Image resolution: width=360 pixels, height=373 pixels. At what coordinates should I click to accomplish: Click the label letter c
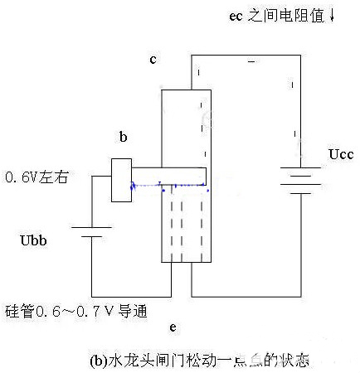click(153, 61)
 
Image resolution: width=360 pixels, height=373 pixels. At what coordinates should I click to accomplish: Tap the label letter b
click(124, 139)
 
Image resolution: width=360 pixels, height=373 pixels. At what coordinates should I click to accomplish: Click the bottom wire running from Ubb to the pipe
click(124, 293)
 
